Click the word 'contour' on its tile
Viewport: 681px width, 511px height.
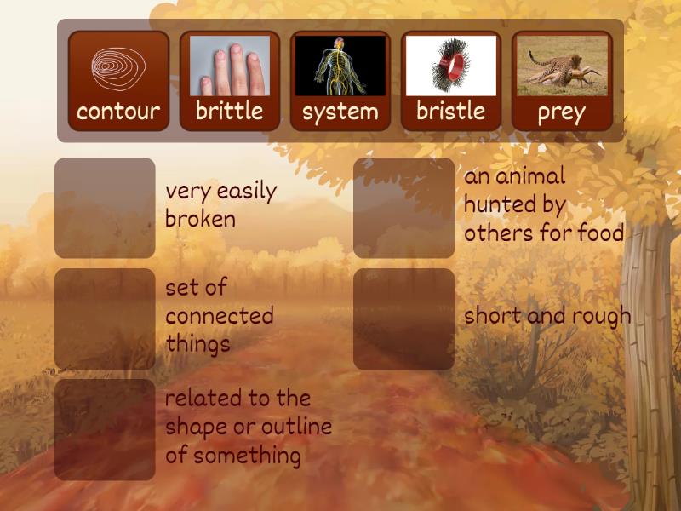pyautogui.click(x=118, y=112)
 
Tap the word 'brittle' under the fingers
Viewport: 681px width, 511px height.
pyautogui.click(x=229, y=111)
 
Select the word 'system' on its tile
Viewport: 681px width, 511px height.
pyautogui.click(x=340, y=112)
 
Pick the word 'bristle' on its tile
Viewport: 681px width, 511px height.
pyautogui.click(x=450, y=111)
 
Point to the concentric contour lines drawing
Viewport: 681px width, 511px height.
pyautogui.click(x=118, y=66)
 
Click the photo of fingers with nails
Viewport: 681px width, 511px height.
pyautogui.click(x=229, y=66)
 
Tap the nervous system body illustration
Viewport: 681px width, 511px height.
pyautogui.click(x=340, y=66)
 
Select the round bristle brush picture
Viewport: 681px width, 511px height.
pyautogui.click(x=450, y=66)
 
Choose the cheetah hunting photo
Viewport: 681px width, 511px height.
pyautogui.click(x=561, y=66)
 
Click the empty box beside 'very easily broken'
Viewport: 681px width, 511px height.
pyautogui.click(x=105, y=208)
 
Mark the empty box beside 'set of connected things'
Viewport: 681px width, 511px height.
pyautogui.click(x=105, y=319)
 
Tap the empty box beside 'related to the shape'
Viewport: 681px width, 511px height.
pyautogui.click(x=105, y=429)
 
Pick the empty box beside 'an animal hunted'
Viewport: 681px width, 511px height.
pyautogui.click(x=403, y=208)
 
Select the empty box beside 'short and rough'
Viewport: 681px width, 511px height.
pyautogui.click(x=403, y=319)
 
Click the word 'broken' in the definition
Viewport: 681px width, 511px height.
pyautogui.click(x=200, y=219)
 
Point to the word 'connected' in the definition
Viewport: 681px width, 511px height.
pyautogui.click(x=219, y=316)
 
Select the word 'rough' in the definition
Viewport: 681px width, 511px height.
pyautogui.click(x=601, y=316)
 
